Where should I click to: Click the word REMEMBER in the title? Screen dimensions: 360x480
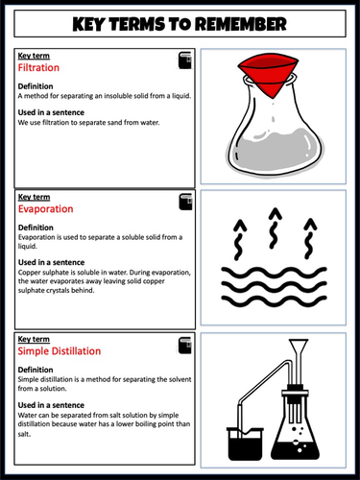241,24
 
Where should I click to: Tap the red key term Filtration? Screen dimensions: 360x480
38,67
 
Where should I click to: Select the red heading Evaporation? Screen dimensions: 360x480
46,209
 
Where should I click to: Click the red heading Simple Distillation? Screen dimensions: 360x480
60,351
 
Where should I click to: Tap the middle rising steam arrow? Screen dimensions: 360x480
275,228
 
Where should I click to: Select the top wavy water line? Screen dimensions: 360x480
274,273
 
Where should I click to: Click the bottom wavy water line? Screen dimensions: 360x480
274,301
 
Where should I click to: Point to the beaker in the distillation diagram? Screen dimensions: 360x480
245,444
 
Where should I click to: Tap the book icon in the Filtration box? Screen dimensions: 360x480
185,60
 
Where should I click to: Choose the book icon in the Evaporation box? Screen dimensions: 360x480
185,202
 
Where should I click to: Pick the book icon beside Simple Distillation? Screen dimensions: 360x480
185,346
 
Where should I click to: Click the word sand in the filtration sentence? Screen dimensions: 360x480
115,123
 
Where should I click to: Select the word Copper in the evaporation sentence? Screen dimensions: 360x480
27,273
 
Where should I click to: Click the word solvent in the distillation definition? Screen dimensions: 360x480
180,379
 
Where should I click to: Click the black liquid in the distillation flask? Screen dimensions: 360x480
295,450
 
